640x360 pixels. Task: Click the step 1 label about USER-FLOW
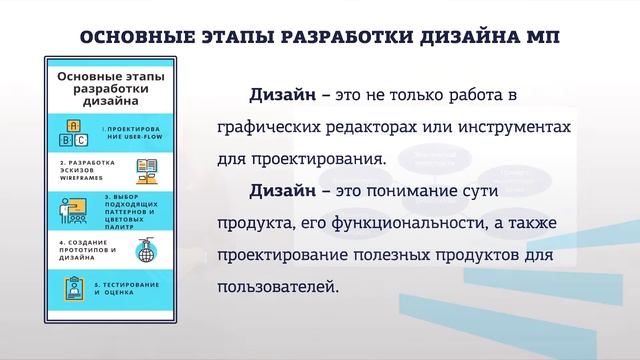tap(129, 134)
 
